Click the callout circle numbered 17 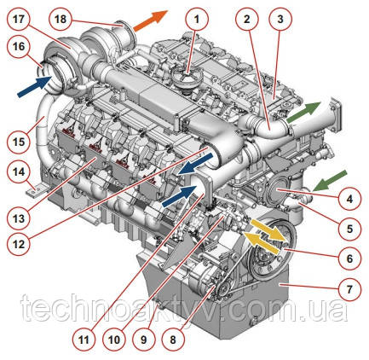coord(19,19)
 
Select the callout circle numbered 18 coord(61,19)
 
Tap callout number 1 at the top coord(197,19)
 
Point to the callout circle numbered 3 coord(280,19)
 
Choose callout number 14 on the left coord(19,172)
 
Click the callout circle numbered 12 coord(19,244)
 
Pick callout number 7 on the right coord(349,289)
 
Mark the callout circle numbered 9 coord(143,340)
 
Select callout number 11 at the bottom coord(84,340)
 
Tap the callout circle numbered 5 coord(349,229)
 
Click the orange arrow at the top coord(151,20)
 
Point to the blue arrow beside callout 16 coord(34,86)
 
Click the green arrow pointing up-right coord(303,112)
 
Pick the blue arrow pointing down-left coord(195,163)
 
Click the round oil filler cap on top coord(187,77)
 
